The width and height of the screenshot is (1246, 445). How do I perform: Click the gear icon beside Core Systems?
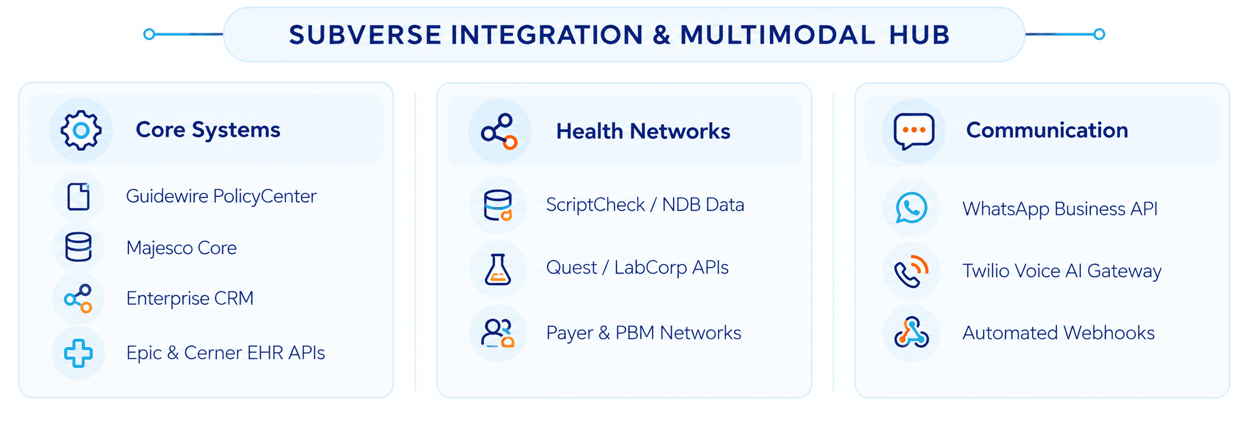coord(81,130)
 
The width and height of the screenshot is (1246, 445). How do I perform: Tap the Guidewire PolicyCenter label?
coord(221,196)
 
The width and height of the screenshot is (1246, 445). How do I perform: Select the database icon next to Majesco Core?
coord(78,247)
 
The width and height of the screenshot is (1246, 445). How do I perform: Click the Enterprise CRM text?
coord(190,298)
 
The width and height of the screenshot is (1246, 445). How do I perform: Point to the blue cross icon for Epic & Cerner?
coord(78,353)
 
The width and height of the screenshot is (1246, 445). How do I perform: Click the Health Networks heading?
coord(643,131)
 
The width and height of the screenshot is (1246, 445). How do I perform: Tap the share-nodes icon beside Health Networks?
coord(499,131)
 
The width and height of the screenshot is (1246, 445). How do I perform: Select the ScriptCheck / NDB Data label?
coord(645,205)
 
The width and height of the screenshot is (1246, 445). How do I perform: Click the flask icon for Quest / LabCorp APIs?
coord(498,269)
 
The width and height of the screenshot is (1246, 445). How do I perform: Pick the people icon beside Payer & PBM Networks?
coord(498,333)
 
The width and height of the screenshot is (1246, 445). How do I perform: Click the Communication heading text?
coord(1047,130)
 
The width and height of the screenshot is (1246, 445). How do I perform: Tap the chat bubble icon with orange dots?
coord(914,131)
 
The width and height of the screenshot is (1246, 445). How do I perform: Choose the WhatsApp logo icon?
coord(912,208)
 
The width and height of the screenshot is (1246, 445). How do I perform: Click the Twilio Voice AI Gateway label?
coord(1062,271)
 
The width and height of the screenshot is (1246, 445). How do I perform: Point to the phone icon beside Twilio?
coord(912,271)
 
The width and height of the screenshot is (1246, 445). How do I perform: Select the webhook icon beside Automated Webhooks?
coord(912,332)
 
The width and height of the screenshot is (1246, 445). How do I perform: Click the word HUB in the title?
coord(919,35)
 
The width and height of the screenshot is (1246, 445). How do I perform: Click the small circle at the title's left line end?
coord(150,34)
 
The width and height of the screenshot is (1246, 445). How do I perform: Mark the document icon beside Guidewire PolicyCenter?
coord(78,196)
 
